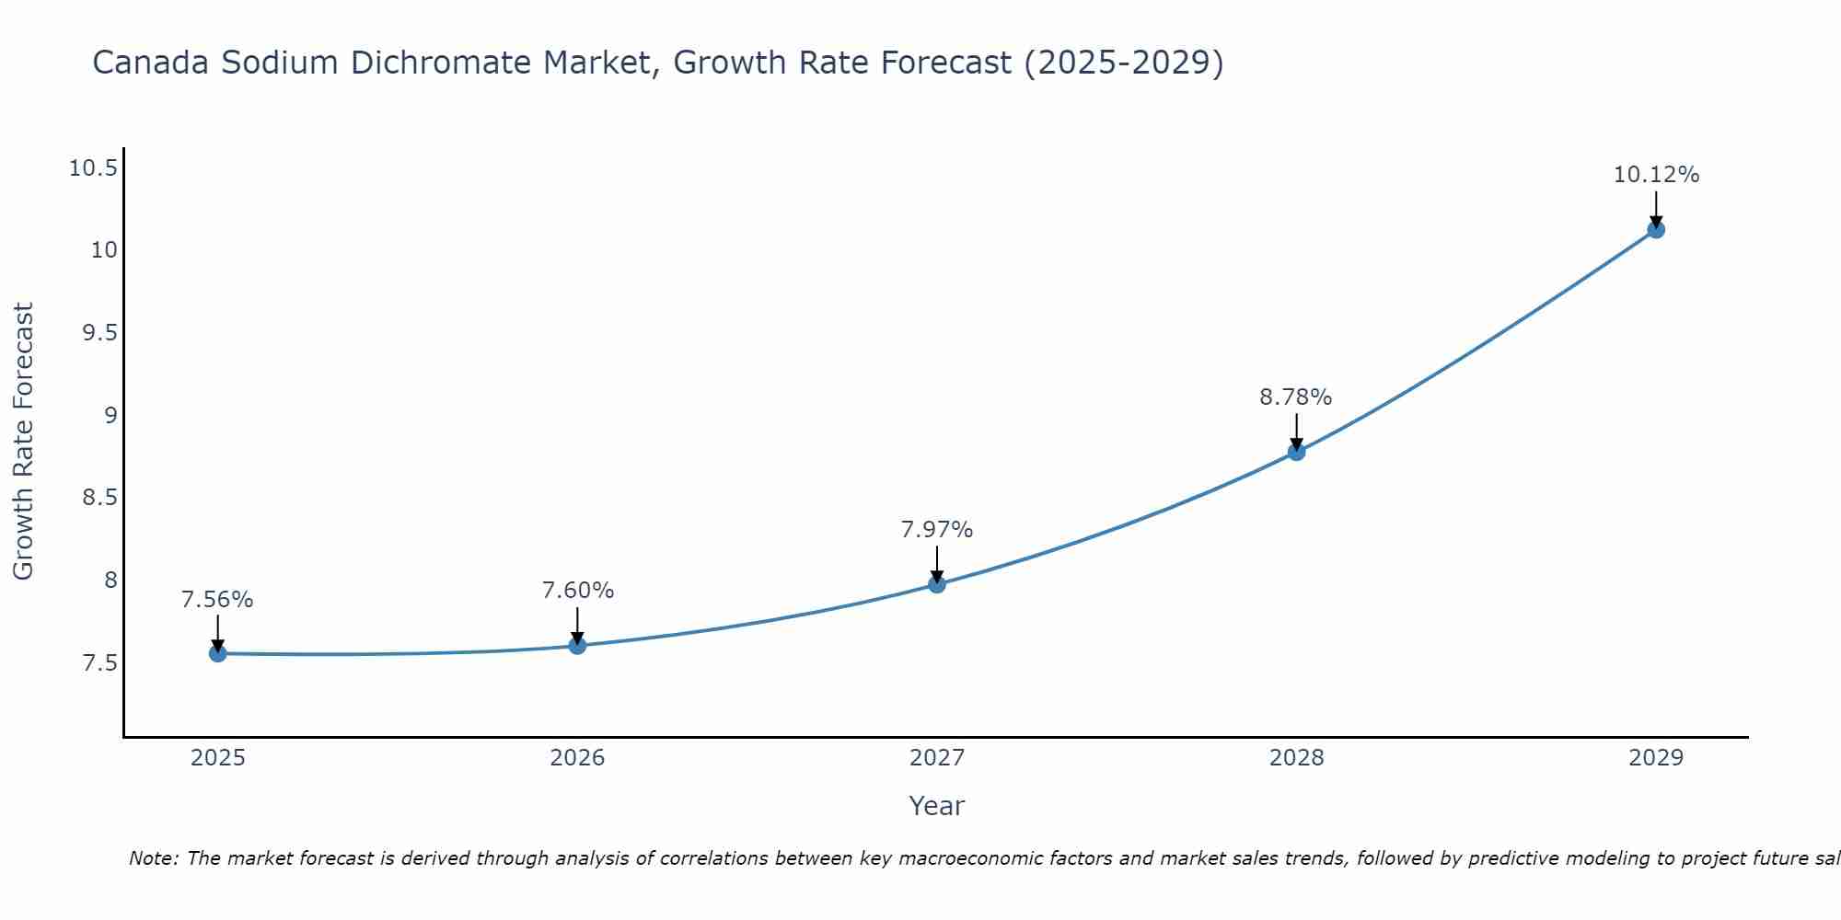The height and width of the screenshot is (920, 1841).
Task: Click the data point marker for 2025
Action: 218,653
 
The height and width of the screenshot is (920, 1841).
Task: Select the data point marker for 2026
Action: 577,645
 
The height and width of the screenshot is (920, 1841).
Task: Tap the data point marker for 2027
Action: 937,583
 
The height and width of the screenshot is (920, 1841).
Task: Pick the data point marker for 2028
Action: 1296,451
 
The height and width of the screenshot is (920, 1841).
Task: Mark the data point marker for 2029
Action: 1656,229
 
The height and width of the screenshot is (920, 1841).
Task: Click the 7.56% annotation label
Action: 217,600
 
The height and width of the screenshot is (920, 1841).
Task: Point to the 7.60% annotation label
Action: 577,591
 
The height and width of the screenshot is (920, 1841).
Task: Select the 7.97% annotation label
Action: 936,530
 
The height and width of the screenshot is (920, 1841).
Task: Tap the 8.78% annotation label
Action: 1295,397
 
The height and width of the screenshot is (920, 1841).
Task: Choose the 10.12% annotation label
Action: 1656,175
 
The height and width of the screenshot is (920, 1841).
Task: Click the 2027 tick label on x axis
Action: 937,758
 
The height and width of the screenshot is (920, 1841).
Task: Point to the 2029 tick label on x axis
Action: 1656,758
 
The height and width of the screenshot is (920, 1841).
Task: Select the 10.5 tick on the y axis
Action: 93,168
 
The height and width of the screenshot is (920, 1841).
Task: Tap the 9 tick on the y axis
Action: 110,415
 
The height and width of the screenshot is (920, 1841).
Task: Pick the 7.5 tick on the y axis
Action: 99,663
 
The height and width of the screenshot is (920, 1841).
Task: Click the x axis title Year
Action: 936,806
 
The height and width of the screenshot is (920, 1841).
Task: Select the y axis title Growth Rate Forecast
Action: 24,441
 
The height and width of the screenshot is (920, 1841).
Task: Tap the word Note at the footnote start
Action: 153,858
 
